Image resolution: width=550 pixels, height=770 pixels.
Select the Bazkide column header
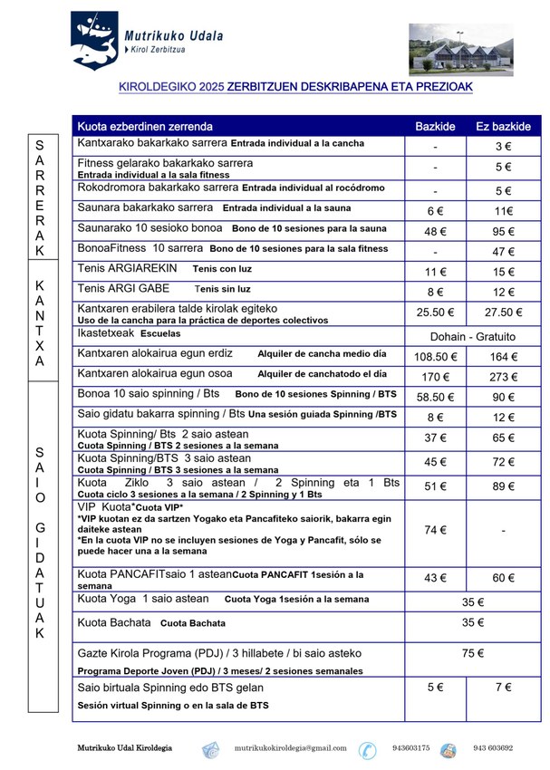(435, 126)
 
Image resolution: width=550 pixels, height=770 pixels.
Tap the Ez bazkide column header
(503, 126)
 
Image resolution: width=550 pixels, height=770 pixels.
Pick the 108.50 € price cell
(435, 357)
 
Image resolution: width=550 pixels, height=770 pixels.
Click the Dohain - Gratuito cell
(469, 336)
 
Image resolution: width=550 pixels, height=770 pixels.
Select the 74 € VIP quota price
(435, 530)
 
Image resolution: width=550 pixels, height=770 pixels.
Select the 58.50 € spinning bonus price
(435, 397)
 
